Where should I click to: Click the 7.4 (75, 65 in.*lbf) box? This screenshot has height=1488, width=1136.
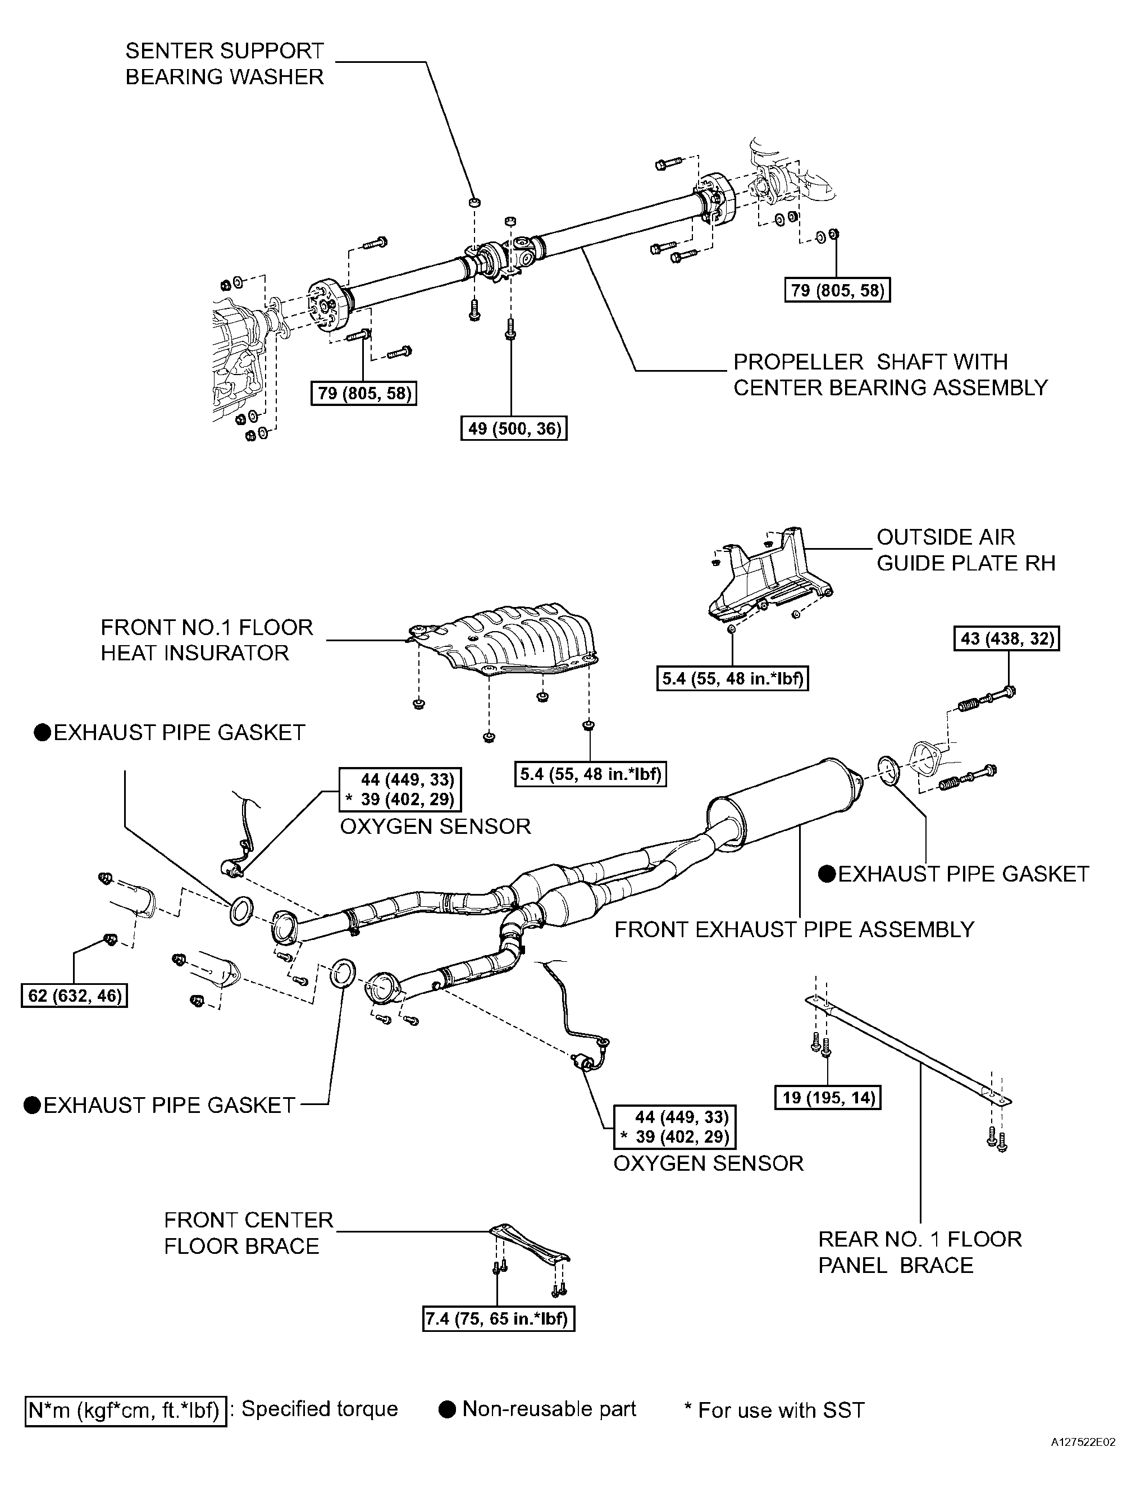coord(498,1318)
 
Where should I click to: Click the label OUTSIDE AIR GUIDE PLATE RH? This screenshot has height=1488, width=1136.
coord(966,550)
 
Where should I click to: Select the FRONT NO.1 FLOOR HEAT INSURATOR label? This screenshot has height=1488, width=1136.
coord(207,640)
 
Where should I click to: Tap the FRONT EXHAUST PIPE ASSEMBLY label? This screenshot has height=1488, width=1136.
coord(795,929)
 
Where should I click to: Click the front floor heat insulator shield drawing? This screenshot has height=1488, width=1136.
coord(504,642)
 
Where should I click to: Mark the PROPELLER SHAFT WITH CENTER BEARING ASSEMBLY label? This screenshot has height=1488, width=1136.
coord(891,375)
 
